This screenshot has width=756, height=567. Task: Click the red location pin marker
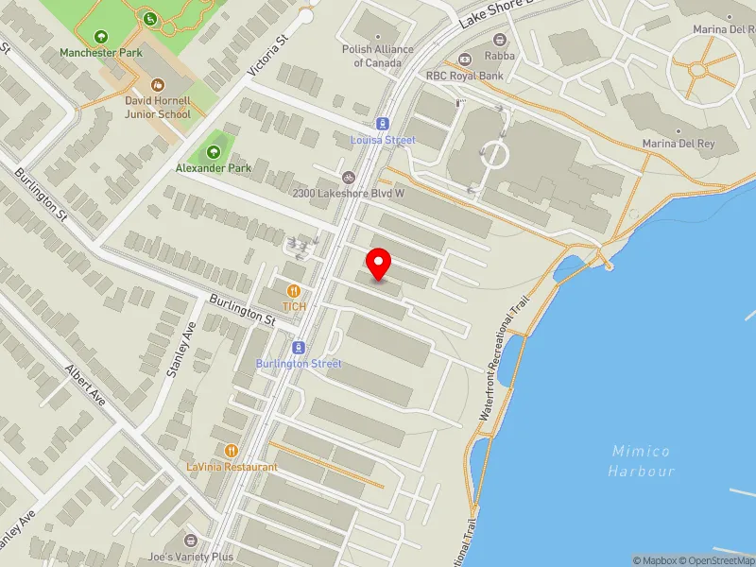click(x=379, y=264)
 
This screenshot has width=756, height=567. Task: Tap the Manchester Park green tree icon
click(x=101, y=36)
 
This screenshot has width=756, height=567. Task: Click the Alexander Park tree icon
click(x=214, y=151)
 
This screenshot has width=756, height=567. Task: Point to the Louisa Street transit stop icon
click(x=383, y=124)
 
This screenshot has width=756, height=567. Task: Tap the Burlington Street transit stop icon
click(x=299, y=347)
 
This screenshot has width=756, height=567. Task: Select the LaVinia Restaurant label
click(x=232, y=467)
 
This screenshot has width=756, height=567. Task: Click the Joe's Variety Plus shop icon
click(x=191, y=541)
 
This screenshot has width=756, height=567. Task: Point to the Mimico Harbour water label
click(x=643, y=461)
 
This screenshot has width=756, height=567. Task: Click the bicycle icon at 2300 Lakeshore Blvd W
click(x=349, y=177)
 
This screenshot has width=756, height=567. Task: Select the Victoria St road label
click(x=266, y=57)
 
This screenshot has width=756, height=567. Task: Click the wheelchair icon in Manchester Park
click(x=150, y=18)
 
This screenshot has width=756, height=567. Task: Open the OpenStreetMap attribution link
click(x=716, y=560)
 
